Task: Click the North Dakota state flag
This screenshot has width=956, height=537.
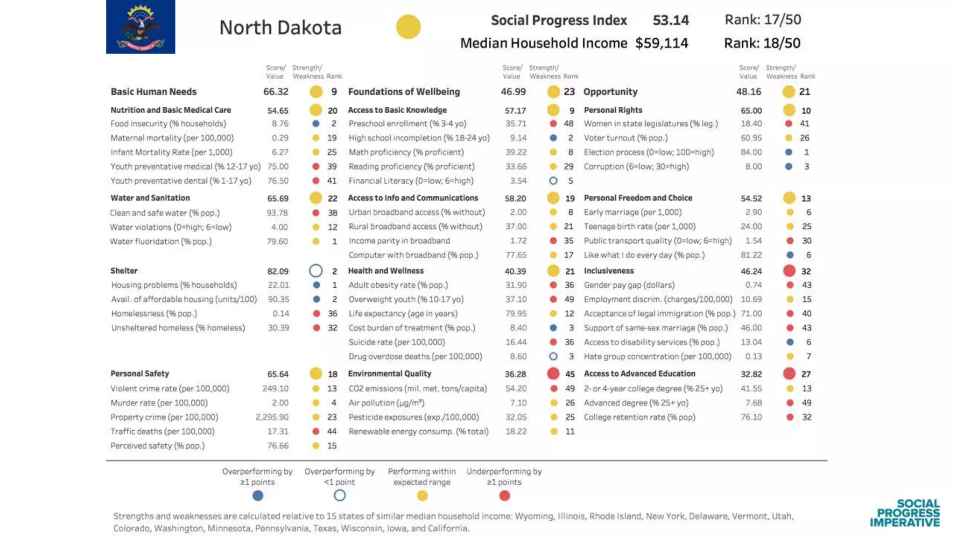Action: pyautogui.click(x=141, y=27)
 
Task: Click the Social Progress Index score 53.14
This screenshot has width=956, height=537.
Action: pyautogui.click(x=670, y=20)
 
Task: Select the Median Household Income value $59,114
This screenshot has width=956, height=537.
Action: pyautogui.click(x=661, y=43)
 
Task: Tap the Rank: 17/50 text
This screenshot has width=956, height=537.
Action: pyautogui.click(x=762, y=20)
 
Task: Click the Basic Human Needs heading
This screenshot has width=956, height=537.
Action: pyautogui.click(x=153, y=92)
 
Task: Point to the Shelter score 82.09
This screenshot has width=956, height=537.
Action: pyautogui.click(x=278, y=271)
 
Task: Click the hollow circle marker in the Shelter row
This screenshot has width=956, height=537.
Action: pyautogui.click(x=316, y=271)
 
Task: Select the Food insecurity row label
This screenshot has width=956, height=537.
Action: pyautogui.click(x=168, y=124)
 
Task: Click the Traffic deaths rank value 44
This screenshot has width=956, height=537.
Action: pyautogui.click(x=331, y=431)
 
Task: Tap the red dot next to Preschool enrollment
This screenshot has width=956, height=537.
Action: pyautogui.click(x=553, y=124)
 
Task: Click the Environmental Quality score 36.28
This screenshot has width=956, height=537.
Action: pyautogui.click(x=515, y=374)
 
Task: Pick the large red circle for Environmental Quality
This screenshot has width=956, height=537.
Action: pyautogui.click(x=553, y=373)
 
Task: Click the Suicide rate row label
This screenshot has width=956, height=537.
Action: pyautogui.click(x=396, y=342)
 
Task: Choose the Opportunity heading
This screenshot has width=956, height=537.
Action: pyautogui.click(x=610, y=92)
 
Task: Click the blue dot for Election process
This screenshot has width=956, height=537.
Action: pyautogui.click(x=788, y=152)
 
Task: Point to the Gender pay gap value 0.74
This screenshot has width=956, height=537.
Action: pyautogui.click(x=753, y=285)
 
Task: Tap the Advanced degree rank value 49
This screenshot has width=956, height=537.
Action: pyautogui.click(x=806, y=403)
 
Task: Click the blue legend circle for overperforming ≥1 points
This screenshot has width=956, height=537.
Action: pyautogui.click(x=258, y=496)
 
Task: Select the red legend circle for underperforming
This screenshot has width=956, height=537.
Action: pyautogui.click(x=504, y=496)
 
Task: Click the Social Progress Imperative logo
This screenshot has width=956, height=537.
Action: pyautogui.click(x=905, y=513)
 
